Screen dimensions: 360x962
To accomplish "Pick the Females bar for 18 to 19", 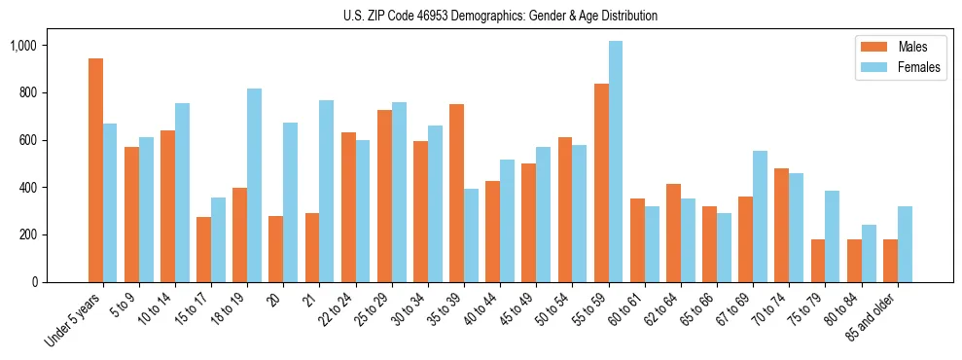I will click(x=254, y=185).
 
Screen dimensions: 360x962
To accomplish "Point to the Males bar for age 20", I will click(x=276, y=249).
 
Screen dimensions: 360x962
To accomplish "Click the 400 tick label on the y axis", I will click(x=54, y=188).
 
